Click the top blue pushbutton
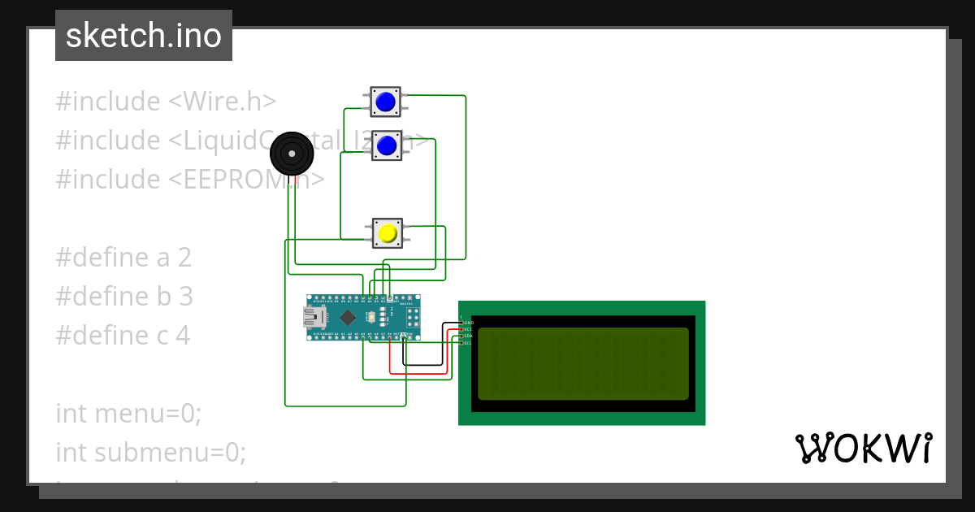coord(385,102)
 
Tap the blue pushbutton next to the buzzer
coord(387,145)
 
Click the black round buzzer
coord(291,154)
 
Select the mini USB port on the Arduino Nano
coord(314,317)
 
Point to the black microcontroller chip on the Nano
coord(348,317)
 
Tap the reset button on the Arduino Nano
coord(372,317)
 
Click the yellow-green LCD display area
coord(583,363)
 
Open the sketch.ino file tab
coord(144,36)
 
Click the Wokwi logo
coord(863,448)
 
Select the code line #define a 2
coord(123,258)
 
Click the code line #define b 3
coord(124,297)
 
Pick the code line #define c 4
coord(123,335)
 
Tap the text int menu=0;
coord(128,413)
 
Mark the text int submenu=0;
coord(150,451)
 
